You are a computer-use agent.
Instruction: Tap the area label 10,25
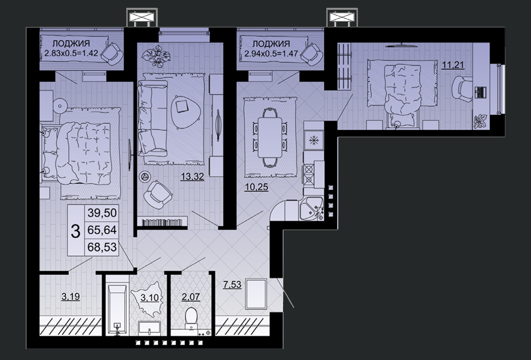tap(256, 187)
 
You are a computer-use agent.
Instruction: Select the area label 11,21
tap(453, 64)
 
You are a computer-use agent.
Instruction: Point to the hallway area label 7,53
tap(232, 285)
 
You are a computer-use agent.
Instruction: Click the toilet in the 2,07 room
tap(192, 318)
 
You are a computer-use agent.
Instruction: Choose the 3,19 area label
tap(71, 297)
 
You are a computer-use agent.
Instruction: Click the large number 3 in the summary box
tap(76, 230)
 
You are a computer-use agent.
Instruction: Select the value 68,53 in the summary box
tap(102, 247)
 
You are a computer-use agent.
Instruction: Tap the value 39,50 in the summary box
tap(102, 213)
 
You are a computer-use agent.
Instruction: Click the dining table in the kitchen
tap(270, 137)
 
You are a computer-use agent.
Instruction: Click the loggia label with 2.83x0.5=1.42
tap(71, 48)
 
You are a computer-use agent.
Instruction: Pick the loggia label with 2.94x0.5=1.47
tap(271, 48)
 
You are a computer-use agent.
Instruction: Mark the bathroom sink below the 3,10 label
tap(149, 328)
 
